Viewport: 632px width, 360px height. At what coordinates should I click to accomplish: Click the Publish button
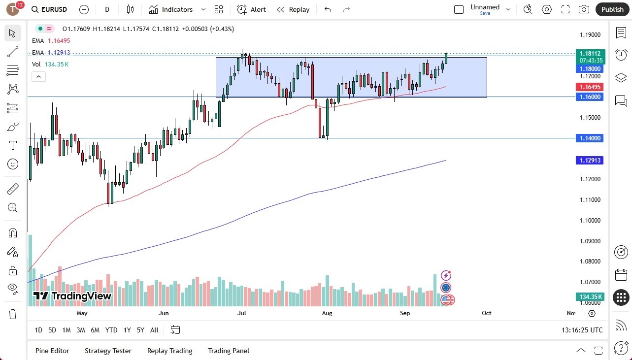coord(612,9)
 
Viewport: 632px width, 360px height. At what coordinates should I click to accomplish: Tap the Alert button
coord(251,9)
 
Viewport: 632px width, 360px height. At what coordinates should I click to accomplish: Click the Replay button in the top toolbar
coord(293,9)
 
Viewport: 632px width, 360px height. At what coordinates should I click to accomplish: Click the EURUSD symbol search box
coord(50,9)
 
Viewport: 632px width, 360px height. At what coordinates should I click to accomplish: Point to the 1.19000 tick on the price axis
coord(590,35)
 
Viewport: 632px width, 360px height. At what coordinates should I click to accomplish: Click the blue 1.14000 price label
coord(590,138)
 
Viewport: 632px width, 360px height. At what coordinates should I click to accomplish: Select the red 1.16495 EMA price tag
coord(590,87)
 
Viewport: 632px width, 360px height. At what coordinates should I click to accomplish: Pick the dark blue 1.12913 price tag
coord(590,160)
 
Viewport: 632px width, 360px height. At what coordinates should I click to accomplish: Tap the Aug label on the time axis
coord(327,313)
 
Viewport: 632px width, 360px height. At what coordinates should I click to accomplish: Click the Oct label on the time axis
coord(487,313)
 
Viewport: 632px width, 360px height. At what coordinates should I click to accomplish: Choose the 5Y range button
coord(140,330)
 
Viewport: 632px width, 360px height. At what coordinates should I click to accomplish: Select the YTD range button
coord(111,330)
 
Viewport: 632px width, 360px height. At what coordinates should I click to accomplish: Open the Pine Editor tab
coord(52,351)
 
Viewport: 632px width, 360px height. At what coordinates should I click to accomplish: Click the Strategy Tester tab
coord(108,351)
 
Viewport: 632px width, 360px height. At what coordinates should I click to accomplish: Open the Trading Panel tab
coord(229,351)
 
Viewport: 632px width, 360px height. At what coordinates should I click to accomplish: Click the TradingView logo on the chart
coord(72,296)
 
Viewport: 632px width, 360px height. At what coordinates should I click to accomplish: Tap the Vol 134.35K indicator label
coord(50,64)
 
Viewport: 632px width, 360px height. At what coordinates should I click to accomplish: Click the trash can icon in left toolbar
coord(13,314)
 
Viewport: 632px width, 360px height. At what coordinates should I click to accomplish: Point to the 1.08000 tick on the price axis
coord(590,262)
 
